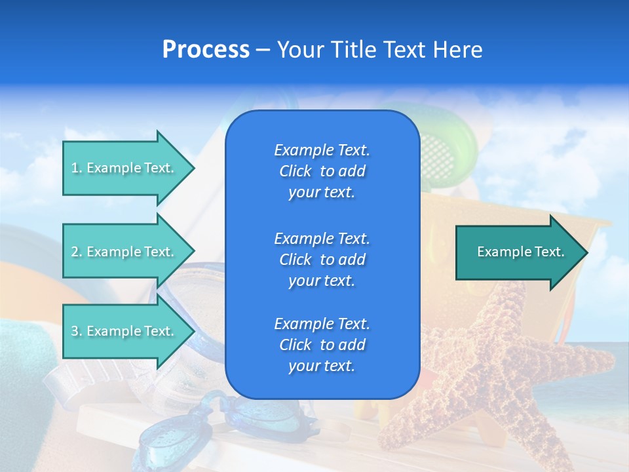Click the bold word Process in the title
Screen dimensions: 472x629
[206, 50]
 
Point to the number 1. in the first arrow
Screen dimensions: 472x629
[77, 168]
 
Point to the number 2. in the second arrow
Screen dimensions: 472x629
[77, 252]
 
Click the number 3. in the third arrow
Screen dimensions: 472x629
[77, 331]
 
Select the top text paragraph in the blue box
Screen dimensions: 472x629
[322, 171]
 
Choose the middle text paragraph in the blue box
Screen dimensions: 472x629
[322, 260]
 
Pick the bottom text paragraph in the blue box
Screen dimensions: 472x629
[322, 345]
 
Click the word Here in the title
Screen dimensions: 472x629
[459, 50]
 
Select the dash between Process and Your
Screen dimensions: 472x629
[263, 50]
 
